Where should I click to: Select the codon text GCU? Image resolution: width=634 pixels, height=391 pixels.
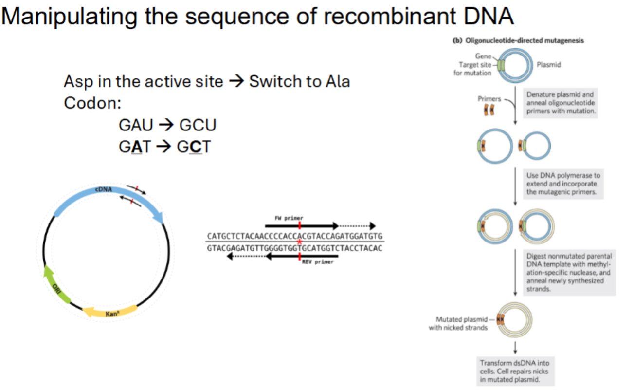point(198,125)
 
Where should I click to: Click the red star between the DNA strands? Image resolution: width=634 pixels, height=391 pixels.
point(300,242)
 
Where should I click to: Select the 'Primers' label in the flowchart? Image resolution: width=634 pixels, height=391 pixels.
point(489,98)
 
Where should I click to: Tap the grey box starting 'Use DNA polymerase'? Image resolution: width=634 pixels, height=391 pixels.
point(563,183)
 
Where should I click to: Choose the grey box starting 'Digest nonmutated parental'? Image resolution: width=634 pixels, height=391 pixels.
point(569,272)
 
